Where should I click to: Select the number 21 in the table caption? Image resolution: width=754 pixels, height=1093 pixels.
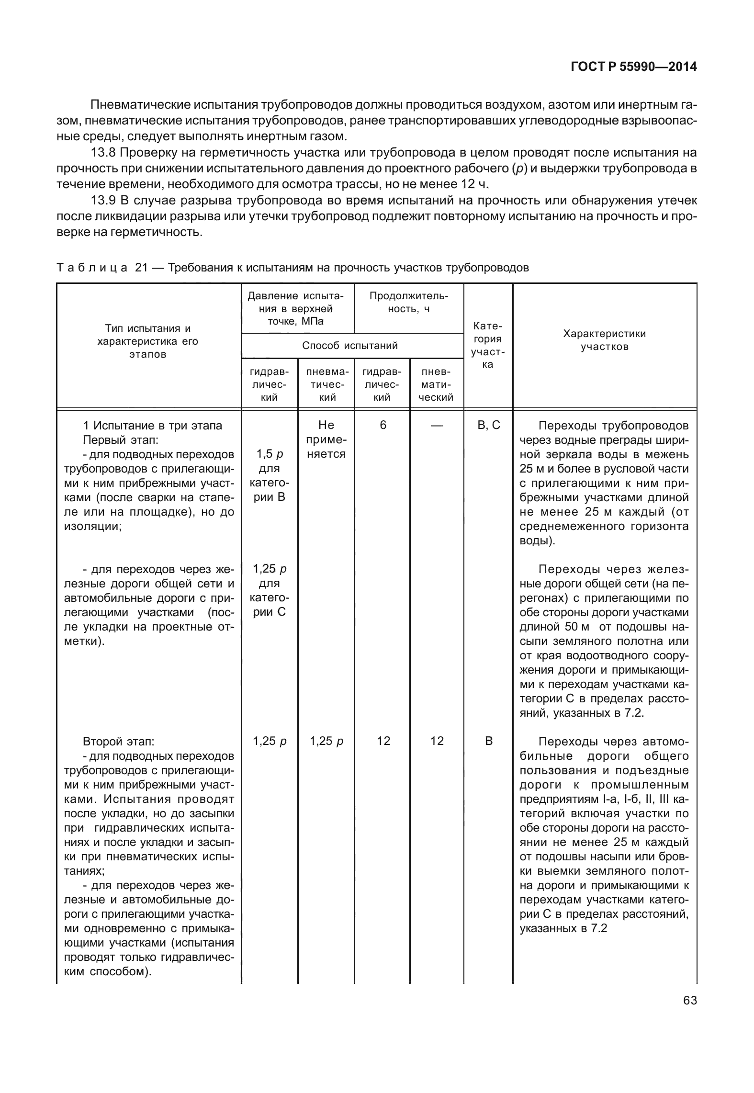pos(141,268)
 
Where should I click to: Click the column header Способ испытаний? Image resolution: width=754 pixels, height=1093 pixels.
pos(349,346)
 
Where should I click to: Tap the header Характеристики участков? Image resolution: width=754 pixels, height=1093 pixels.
pos(604,340)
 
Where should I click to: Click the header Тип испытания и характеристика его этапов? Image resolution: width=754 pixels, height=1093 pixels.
pos(147,341)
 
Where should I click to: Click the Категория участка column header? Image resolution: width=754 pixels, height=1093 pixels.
pos(487,345)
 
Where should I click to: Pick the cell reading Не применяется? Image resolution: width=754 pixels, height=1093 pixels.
pos(326,439)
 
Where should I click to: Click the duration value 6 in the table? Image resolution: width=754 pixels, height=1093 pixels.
pos(383,425)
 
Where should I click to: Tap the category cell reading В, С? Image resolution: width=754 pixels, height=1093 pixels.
pos(489,425)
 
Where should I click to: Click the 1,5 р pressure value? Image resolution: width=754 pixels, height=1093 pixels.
pos(270,454)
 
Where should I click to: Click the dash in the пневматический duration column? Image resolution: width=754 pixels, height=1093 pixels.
pos(437,425)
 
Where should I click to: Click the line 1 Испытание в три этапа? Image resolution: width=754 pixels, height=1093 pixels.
pos(152,426)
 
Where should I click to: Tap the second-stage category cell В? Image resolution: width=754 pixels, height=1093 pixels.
pos(489,741)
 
